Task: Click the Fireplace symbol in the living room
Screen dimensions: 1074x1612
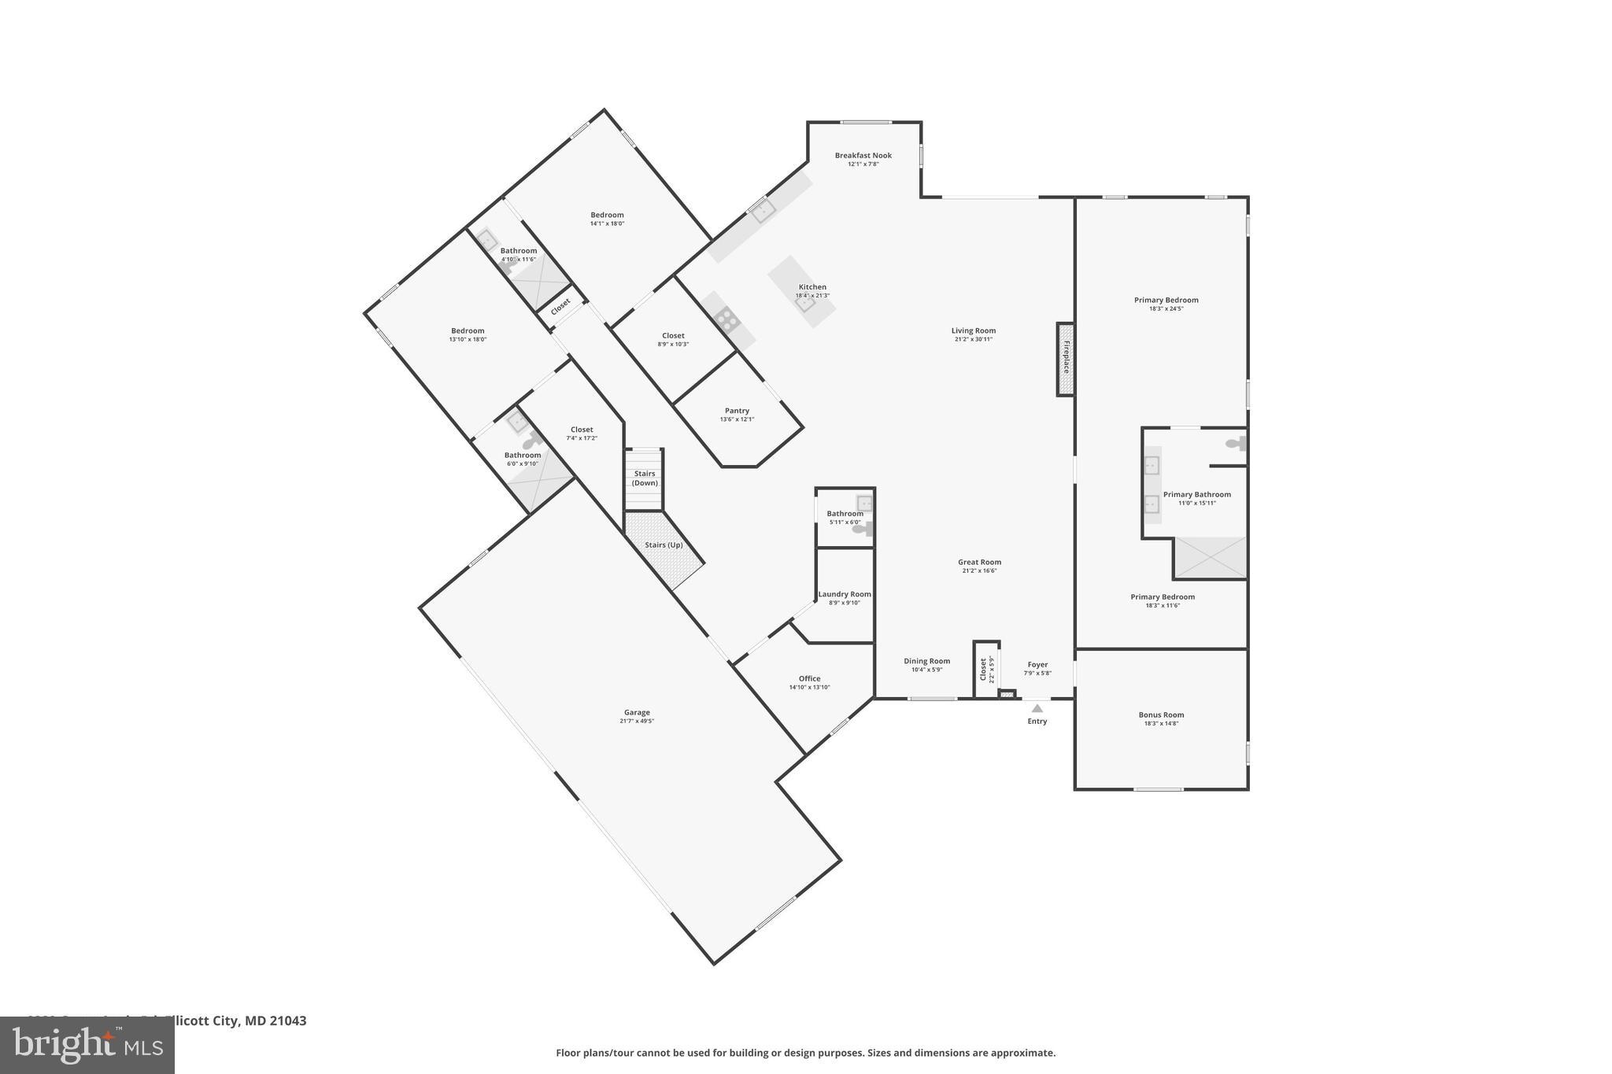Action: coord(1065,359)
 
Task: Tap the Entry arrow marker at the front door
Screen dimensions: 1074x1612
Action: coord(1037,708)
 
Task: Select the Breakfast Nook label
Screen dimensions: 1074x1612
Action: coord(863,156)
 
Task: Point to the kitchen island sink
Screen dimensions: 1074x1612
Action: coord(804,304)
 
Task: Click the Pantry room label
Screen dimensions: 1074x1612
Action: coord(737,411)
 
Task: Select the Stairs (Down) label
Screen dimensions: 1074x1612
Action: coord(645,478)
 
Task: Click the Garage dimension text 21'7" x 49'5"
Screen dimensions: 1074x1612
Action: coord(637,722)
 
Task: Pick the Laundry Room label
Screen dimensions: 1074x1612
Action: coord(845,594)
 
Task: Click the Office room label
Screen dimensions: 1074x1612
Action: coord(809,678)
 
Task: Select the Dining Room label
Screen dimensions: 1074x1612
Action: coord(926,661)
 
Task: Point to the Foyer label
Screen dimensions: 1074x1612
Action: coord(1037,665)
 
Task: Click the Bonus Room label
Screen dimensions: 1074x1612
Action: coord(1161,715)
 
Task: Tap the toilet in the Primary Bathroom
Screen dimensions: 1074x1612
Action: coord(1237,445)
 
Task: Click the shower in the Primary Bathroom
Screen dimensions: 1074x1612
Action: coord(1210,557)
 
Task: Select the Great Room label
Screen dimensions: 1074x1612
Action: coord(979,562)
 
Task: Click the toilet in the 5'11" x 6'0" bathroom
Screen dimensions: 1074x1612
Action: coord(863,530)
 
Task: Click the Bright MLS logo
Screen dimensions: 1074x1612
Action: coord(87,1046)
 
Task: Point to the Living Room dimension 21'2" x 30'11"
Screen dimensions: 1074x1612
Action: coord(973,340)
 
